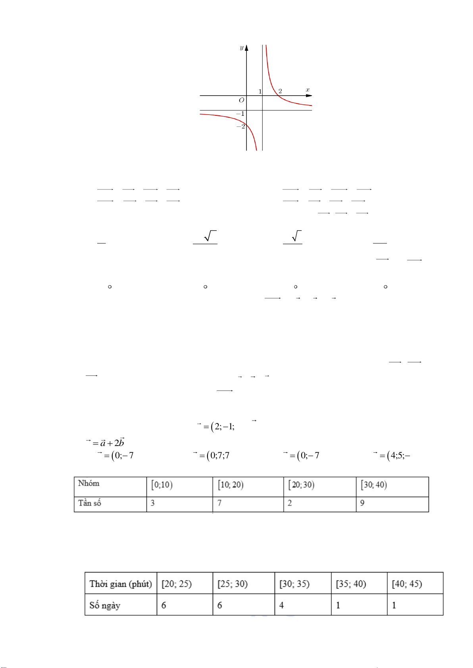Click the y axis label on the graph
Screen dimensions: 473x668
coord(241,48)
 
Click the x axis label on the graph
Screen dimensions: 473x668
coord(308,90)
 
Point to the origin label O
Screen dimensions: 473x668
coord(241,100)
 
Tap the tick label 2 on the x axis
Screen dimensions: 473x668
coord(280,91)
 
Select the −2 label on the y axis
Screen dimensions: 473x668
coord(241,126)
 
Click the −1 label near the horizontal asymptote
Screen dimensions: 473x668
coord(240,114)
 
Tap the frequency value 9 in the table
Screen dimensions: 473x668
coord(362,503)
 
